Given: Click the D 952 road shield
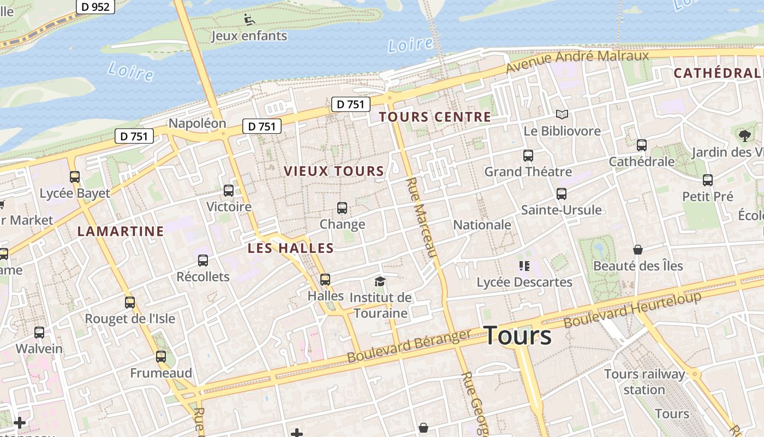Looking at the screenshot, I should tap(95, 7).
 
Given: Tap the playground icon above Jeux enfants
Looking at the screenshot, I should tap(249, 20).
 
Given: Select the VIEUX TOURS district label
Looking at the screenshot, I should tap(334, 171).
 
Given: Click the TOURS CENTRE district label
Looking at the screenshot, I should tap(435, 117).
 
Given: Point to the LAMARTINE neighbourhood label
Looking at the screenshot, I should tap(121, 231).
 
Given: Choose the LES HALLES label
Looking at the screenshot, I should tap(290, 248).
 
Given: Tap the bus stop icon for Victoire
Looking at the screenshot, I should tap(229, 191).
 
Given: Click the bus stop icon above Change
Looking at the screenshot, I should tap(342, 208).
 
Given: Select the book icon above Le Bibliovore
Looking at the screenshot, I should tap(562, 115).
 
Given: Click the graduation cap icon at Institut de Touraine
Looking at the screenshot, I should tap(380, 281).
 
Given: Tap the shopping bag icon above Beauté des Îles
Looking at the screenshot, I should tap(638, 250).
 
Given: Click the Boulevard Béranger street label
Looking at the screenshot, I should tap(409, 346).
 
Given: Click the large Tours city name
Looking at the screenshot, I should tap(517, 335).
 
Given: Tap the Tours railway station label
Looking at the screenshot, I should tap(644, 382).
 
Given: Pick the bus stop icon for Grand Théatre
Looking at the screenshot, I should tap(528, 156).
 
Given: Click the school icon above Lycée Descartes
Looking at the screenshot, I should tap(524, 266).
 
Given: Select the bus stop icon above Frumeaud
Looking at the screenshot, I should tap(161, 357).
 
